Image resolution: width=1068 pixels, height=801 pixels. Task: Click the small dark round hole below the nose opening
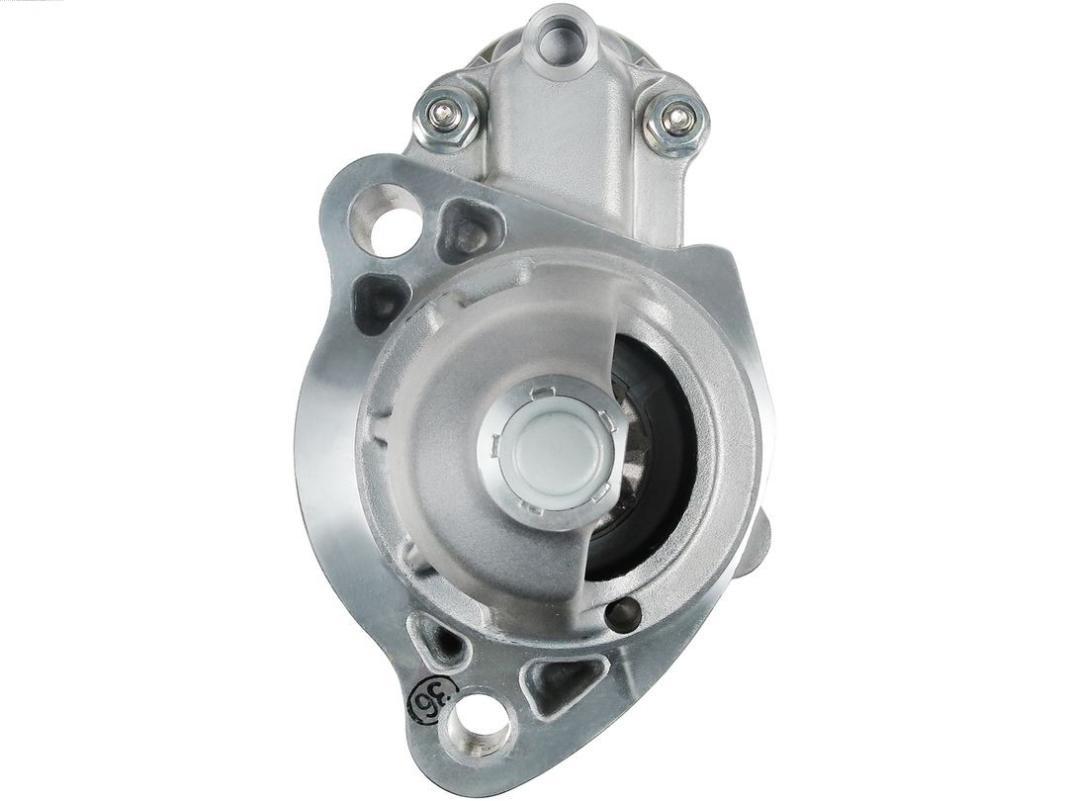pyautogui.click(x=623, y=615)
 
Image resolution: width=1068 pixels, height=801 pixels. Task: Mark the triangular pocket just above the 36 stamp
pyautogui.click(x=438, y=640)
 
